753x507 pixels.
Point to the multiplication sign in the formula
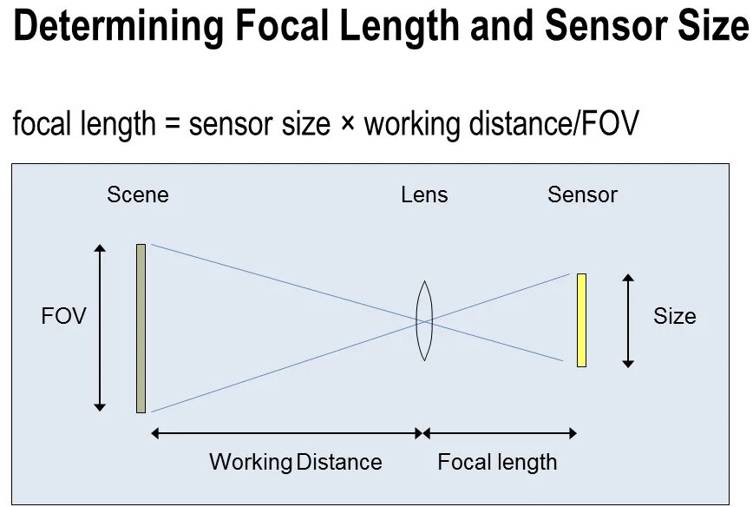[347, 125]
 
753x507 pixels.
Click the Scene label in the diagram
[138, 194]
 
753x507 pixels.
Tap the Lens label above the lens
[424, 194]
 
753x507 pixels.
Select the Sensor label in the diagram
[582, 194]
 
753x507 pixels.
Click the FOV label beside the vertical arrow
[64, 316]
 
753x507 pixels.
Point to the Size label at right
[674, 316]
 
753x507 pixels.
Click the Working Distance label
[295, 462]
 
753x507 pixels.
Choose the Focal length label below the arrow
[497, 462]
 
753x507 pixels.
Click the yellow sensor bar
[581, 319]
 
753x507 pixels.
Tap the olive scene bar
[141, 328]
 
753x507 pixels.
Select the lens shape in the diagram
[423, 320]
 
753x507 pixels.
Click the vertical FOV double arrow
[101, 327]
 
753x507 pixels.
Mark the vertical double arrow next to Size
[628, 320]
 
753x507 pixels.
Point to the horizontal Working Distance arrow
[286, 432]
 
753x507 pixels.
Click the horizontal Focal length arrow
[500, 432]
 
